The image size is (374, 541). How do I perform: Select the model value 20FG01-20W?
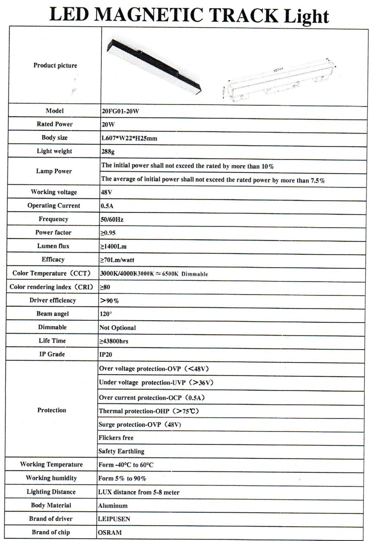click(120, 111)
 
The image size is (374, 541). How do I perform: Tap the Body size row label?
click(55, 138)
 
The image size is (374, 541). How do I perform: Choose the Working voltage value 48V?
click(106, 192)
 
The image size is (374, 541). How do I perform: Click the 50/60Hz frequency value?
click(112, 220)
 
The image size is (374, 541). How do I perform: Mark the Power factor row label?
click(53, 233)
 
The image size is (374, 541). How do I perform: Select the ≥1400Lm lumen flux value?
click(113, 247)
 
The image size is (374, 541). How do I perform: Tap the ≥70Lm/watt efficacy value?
click(117, 260)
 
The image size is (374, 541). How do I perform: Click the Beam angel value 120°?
click(106, 314)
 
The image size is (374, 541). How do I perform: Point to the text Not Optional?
click(117, 328)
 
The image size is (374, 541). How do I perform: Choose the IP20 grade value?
click(106, 354)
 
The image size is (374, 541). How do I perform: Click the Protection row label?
click(52, 410)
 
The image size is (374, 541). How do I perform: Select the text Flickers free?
click(116, 438)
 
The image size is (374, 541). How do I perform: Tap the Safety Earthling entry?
click(121, 451)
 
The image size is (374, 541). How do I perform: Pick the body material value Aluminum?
click(113, 506)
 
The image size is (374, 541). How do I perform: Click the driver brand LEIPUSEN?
click(114, 519)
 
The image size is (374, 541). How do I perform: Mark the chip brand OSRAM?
click(110, 533)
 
